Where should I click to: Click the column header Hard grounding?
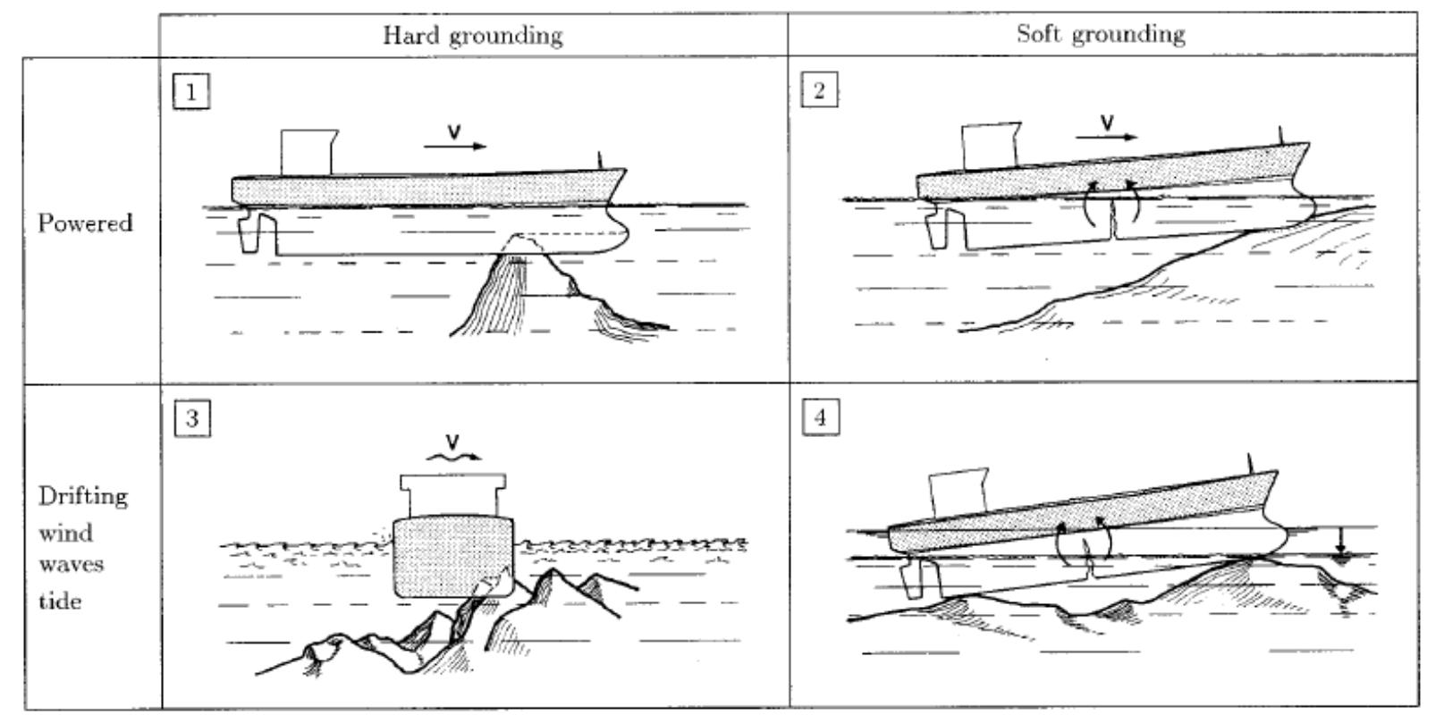(473, 35)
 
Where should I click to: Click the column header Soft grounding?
(1101, 34)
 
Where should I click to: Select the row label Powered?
(85, 223)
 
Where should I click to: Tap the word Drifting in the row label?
(83, 496)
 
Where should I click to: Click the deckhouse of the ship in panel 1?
(307, 152)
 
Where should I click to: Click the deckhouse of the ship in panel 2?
(989, 144)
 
